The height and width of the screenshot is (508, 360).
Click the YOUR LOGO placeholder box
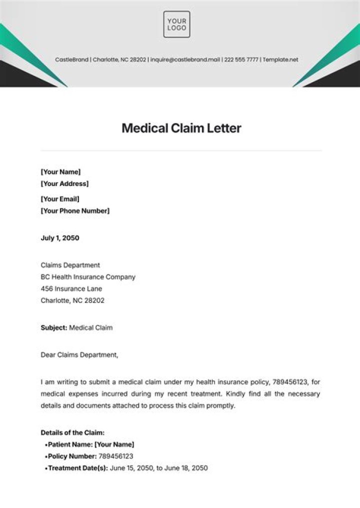click(x=176, y=24)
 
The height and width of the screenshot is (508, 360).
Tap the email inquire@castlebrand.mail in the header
click(x=185, y=59)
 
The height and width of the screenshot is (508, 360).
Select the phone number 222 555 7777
click(x=241, y=59)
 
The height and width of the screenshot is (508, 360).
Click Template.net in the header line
click(x=280, y=59)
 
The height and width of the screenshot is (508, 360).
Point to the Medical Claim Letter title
click(x=181, y=128)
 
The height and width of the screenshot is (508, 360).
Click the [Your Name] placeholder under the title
click(x=60, y=171)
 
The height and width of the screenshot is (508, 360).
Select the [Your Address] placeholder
click(x=64, y=183)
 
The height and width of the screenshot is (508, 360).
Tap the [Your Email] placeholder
click(x=59, y=198)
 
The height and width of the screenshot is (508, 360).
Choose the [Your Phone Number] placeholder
click(x=74, y=210)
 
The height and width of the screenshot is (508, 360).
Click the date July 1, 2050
click(x=59, y=238)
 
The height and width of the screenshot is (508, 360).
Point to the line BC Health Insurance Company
click(x=87, y=276)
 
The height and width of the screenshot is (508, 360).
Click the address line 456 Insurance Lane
click(x=71, y=288)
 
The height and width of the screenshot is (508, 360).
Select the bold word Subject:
click(x=53, y=327)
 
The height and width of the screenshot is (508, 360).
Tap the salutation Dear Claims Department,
click(x=79, y=355)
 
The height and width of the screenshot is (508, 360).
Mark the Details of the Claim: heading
click(x=72, y=432)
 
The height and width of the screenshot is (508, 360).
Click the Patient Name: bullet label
click(x=70, y=444)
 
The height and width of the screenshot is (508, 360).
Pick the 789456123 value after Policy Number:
click(x=116, y=456)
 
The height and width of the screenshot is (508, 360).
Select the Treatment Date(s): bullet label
click(x=77, y=468)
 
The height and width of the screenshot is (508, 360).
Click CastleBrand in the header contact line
click(x=72, y=59)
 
